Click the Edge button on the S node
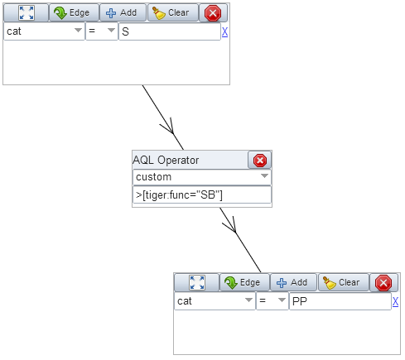tap(74, 12)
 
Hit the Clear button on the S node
tap(173, 12)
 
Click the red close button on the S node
tap(213, 13)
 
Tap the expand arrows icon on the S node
tap(27, 12)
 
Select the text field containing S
tap(170, 31)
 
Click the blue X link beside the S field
tap(224, 32)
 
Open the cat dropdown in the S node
tap(44, 31)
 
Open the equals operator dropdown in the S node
tap(102, 31)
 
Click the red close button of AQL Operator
tap(260, 161)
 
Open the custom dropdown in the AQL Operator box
tap(202, 177)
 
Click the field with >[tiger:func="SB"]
tap(202, 195)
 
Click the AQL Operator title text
tap(166, 161)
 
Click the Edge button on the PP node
tap(244, 282)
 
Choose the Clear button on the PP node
tap(344, 282)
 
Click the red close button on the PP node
tap(383, 283)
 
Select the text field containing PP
tap(340, 301)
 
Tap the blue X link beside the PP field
tap(395, 301)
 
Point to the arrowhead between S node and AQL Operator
tap(169, 127)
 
